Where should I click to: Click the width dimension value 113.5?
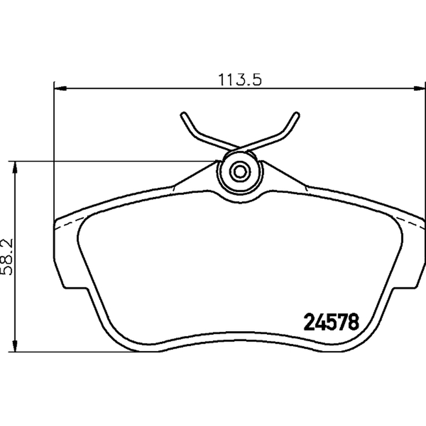(240, 79)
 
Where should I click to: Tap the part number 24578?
(331, 322)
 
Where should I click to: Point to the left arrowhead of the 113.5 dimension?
(60, 88)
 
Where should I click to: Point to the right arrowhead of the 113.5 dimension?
(419, 88)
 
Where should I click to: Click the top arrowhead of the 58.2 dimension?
(16, 167)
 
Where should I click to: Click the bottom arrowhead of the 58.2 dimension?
(16, 346)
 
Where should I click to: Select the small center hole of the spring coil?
(240, 171)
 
